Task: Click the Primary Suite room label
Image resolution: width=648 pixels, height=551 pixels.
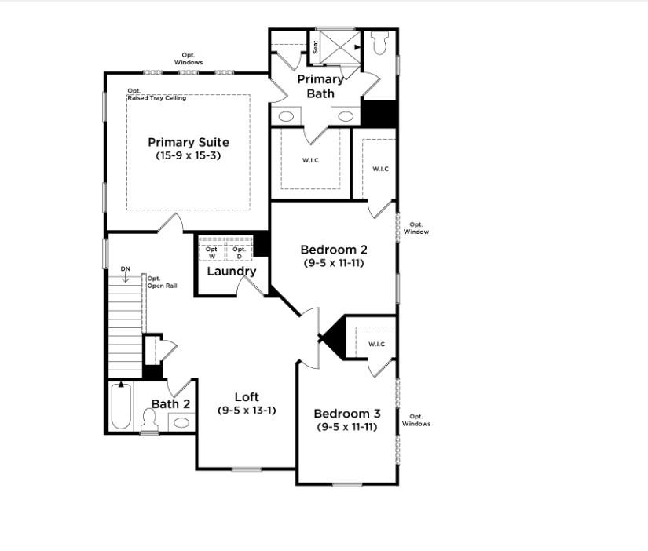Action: [189, 142]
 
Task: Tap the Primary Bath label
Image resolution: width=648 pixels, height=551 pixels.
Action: [320, 86]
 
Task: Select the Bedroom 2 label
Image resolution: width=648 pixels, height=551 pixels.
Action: [334, 250]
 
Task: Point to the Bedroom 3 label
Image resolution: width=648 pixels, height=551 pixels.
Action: [347, 414]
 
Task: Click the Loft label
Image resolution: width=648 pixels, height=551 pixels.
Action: [247, 397]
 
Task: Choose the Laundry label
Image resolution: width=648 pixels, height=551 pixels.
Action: [232, 272]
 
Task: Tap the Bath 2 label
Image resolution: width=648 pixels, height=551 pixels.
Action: [170, 403]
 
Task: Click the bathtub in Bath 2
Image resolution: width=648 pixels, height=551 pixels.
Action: [120, 405]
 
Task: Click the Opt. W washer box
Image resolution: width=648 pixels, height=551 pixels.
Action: [212, 252]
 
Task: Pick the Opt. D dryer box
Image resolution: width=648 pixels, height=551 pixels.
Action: [239, 252]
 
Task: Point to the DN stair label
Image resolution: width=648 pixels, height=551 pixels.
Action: [125, 269]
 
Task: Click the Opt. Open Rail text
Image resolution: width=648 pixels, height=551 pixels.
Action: [161, 282]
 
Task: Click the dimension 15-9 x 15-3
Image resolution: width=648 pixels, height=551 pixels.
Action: [189, 155]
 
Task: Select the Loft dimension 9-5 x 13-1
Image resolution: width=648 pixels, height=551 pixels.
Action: [247, 411]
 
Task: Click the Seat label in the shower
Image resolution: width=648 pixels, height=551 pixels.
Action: [316, 47]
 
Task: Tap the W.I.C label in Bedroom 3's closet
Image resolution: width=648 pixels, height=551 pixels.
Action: [376, 344]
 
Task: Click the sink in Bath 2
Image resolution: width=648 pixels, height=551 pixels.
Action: [181, 422]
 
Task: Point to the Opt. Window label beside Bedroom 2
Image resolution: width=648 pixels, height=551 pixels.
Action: [416, 228]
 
